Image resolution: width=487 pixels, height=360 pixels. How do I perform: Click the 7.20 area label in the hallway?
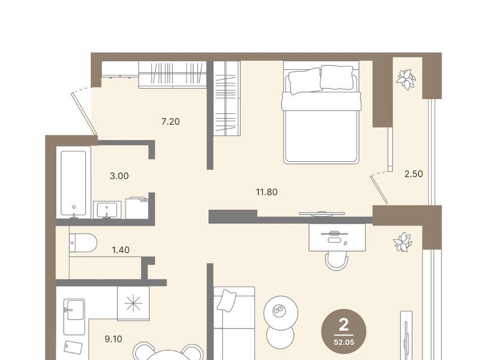click(170, 122)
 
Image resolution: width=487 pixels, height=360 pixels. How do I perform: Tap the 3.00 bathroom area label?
click(119, 176)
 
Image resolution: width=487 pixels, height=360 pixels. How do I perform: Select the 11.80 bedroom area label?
click(266, 192)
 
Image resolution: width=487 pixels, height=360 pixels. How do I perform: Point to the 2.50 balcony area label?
click(413, 174)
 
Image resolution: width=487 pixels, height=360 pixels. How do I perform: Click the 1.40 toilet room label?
click(121, 250)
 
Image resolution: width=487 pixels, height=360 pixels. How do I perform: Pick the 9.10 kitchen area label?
click(113, 339)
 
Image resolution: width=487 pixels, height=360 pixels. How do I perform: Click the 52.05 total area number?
click(344, 343)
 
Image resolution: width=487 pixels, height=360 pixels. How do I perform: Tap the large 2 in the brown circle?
click(344, 325)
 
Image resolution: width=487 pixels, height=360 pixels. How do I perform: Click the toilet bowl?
click(83, 243)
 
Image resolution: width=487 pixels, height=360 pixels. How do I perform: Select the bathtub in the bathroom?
click(73, 183)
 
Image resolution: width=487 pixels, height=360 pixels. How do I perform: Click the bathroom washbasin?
click(107, 210)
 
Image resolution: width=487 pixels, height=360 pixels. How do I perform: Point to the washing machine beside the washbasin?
click(137, 207)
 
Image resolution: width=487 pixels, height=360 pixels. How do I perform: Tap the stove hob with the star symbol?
click(133, 303)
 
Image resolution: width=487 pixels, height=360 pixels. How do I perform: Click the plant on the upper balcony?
click(406, 80)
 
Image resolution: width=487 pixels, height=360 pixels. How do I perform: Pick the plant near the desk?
click(402, 242)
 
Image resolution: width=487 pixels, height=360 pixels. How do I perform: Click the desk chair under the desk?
click(337, 261)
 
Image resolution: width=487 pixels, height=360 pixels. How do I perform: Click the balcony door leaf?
click(379, 190)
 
